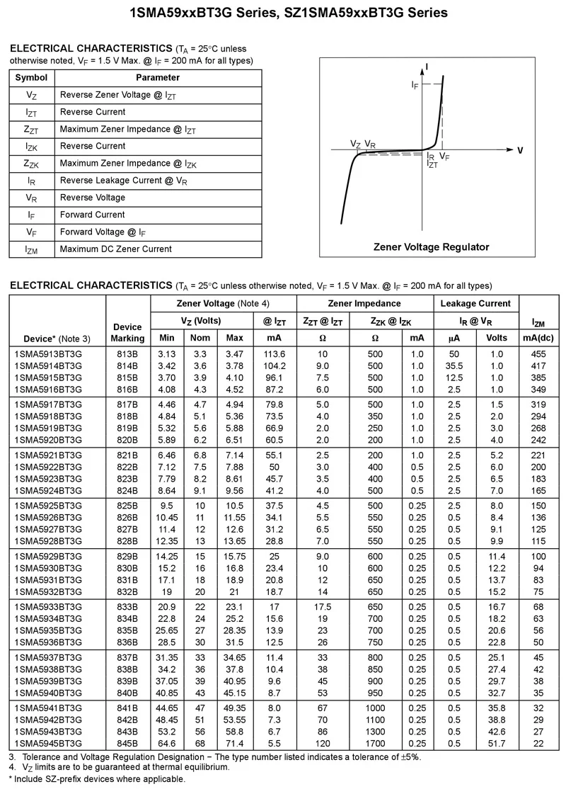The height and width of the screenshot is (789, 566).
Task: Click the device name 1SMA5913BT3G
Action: (47, 353)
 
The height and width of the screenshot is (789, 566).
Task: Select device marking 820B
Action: (127, 440)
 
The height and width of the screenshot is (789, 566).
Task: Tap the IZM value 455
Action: (538, 353)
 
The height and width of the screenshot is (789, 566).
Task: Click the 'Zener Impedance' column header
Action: (364, 303)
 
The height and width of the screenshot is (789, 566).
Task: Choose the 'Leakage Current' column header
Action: (475, 303)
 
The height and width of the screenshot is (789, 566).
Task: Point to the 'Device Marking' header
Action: (127, 332)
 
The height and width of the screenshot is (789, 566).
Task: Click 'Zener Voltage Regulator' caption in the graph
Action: (431, 247)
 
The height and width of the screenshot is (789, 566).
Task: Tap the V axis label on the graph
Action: (520, 150)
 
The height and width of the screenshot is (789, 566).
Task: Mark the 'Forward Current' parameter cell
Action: (89, 215)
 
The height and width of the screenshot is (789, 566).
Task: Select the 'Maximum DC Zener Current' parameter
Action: (115, 249)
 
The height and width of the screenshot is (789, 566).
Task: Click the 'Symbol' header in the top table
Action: (31, 77)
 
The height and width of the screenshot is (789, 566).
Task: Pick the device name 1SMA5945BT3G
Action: (47, 743)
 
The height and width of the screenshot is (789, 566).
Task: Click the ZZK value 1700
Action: (375, 743)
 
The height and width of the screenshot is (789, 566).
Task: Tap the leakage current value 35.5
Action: (454, 365)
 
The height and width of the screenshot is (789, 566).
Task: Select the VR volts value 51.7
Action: (497, 743)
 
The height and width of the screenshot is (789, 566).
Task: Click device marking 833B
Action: (127, 607)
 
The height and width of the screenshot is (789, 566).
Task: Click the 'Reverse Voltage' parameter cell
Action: (92, 198)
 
